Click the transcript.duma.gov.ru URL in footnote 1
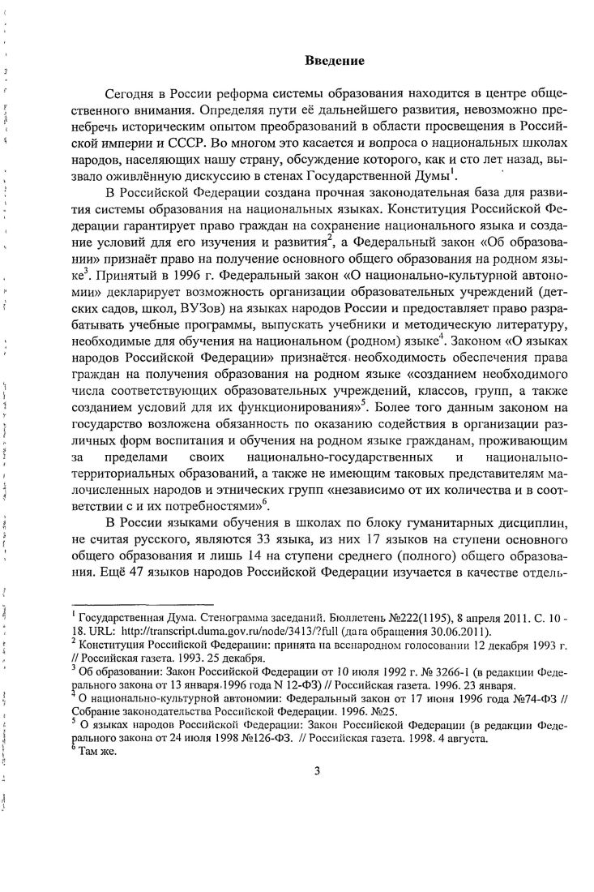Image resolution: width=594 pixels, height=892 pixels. pos(189,633)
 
